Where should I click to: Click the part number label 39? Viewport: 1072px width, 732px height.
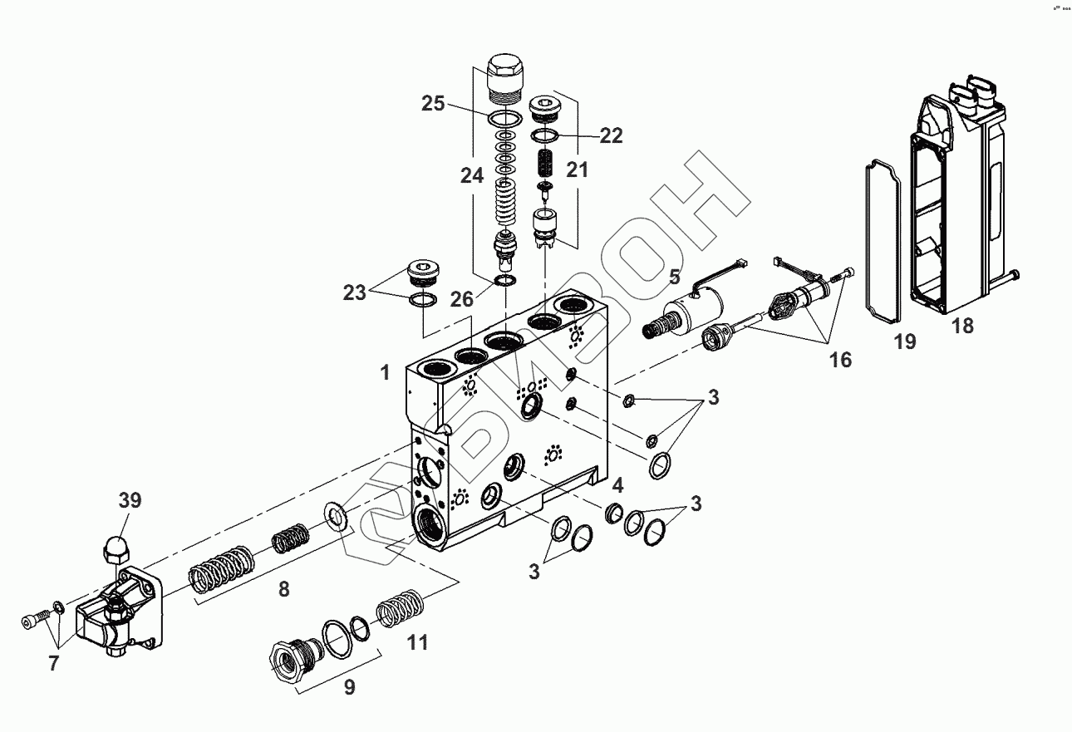(x=130, y=500)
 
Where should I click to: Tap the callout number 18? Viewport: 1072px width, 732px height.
(x=962, y=326)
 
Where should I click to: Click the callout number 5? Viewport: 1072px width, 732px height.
(x=675, y=276)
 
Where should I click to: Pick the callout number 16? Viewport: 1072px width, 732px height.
(x=840, y=359)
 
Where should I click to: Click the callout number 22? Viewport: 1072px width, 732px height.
(x=611, y=135)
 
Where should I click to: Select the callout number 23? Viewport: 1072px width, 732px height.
(x=355, y=292)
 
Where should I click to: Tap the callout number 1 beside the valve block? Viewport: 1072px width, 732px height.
(x=385, y=373)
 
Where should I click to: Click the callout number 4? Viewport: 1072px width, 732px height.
(x=617, y=484)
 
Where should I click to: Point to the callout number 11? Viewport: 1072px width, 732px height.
(x=417, y=642)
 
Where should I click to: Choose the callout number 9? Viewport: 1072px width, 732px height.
(x=349, y=687)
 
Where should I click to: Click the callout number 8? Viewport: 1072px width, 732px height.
(x=283, y=589)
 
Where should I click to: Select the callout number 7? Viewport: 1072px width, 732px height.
(x=54, y=664)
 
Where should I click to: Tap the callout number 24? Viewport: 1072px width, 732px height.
(x=472, y=175)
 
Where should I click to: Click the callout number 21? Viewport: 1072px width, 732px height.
(x=578, y=169)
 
